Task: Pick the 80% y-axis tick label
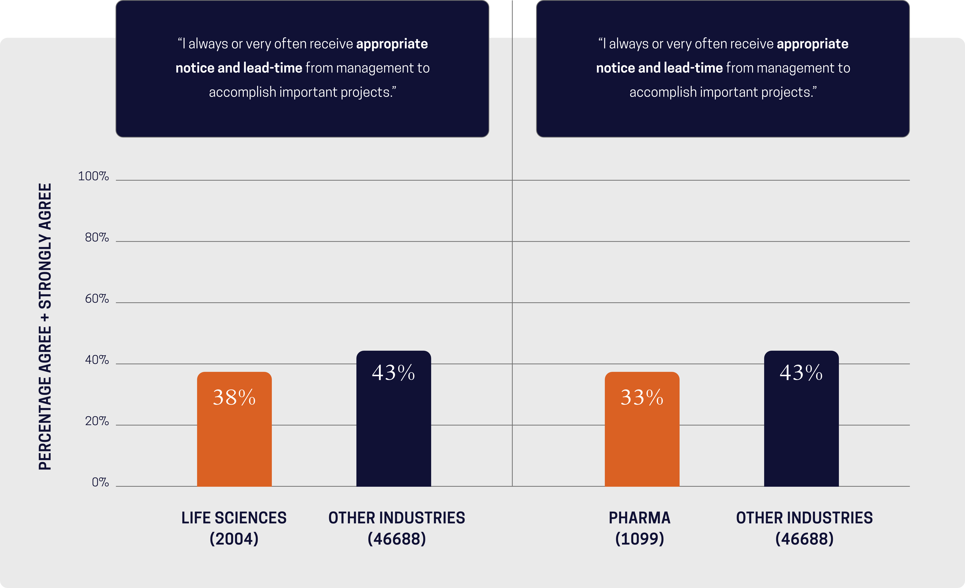(97, 238)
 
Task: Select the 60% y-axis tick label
(97, 299)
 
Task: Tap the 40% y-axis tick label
(97, 360)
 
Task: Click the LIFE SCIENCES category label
(234, 518)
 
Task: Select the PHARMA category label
(640, 518)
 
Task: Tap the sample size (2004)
(234, 539)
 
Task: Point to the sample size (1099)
(640, 539)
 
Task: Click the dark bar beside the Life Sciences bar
(394, 431)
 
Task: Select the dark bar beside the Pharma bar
(801, 431)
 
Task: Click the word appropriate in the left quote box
(392, 44)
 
